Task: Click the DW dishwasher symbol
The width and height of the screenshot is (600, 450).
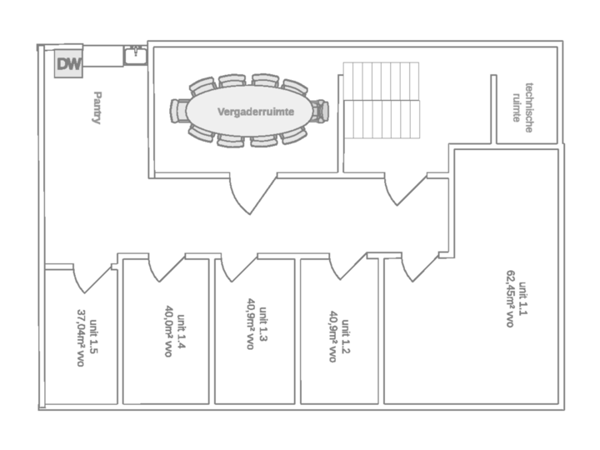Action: click(67, 63)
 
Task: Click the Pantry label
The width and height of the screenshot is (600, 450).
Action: click(97, 107)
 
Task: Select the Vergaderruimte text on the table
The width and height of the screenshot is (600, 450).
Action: click(250, 111)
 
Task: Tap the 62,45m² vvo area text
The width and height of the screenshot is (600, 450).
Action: click(509, 298)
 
